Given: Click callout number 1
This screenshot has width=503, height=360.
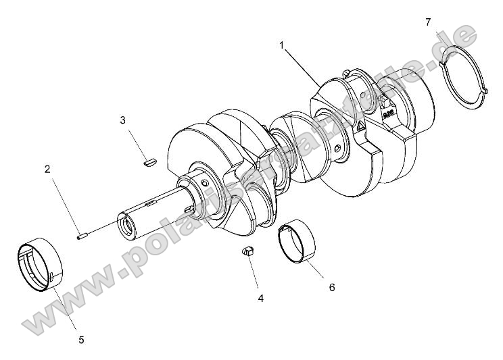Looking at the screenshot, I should tap(282, 45).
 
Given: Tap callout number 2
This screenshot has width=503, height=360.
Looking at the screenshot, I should tap(47, 170).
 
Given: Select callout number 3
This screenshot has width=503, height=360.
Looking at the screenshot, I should tap(122, 120).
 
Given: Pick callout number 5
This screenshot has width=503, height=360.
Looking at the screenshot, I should tap(81, 340).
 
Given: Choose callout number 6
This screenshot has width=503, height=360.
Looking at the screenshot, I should tap(331, 287).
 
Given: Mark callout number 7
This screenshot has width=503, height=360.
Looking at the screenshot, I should tap(428, 22).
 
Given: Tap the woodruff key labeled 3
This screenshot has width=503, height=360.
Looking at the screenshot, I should tap(149, 161).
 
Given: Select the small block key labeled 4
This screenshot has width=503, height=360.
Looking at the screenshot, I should tap(248, 252).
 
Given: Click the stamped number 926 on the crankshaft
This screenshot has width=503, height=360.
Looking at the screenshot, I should tap(389, 114).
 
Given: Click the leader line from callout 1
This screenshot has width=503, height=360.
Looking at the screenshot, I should tap(302, 64).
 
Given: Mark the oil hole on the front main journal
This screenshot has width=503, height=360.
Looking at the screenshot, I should tap(205, 184).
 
